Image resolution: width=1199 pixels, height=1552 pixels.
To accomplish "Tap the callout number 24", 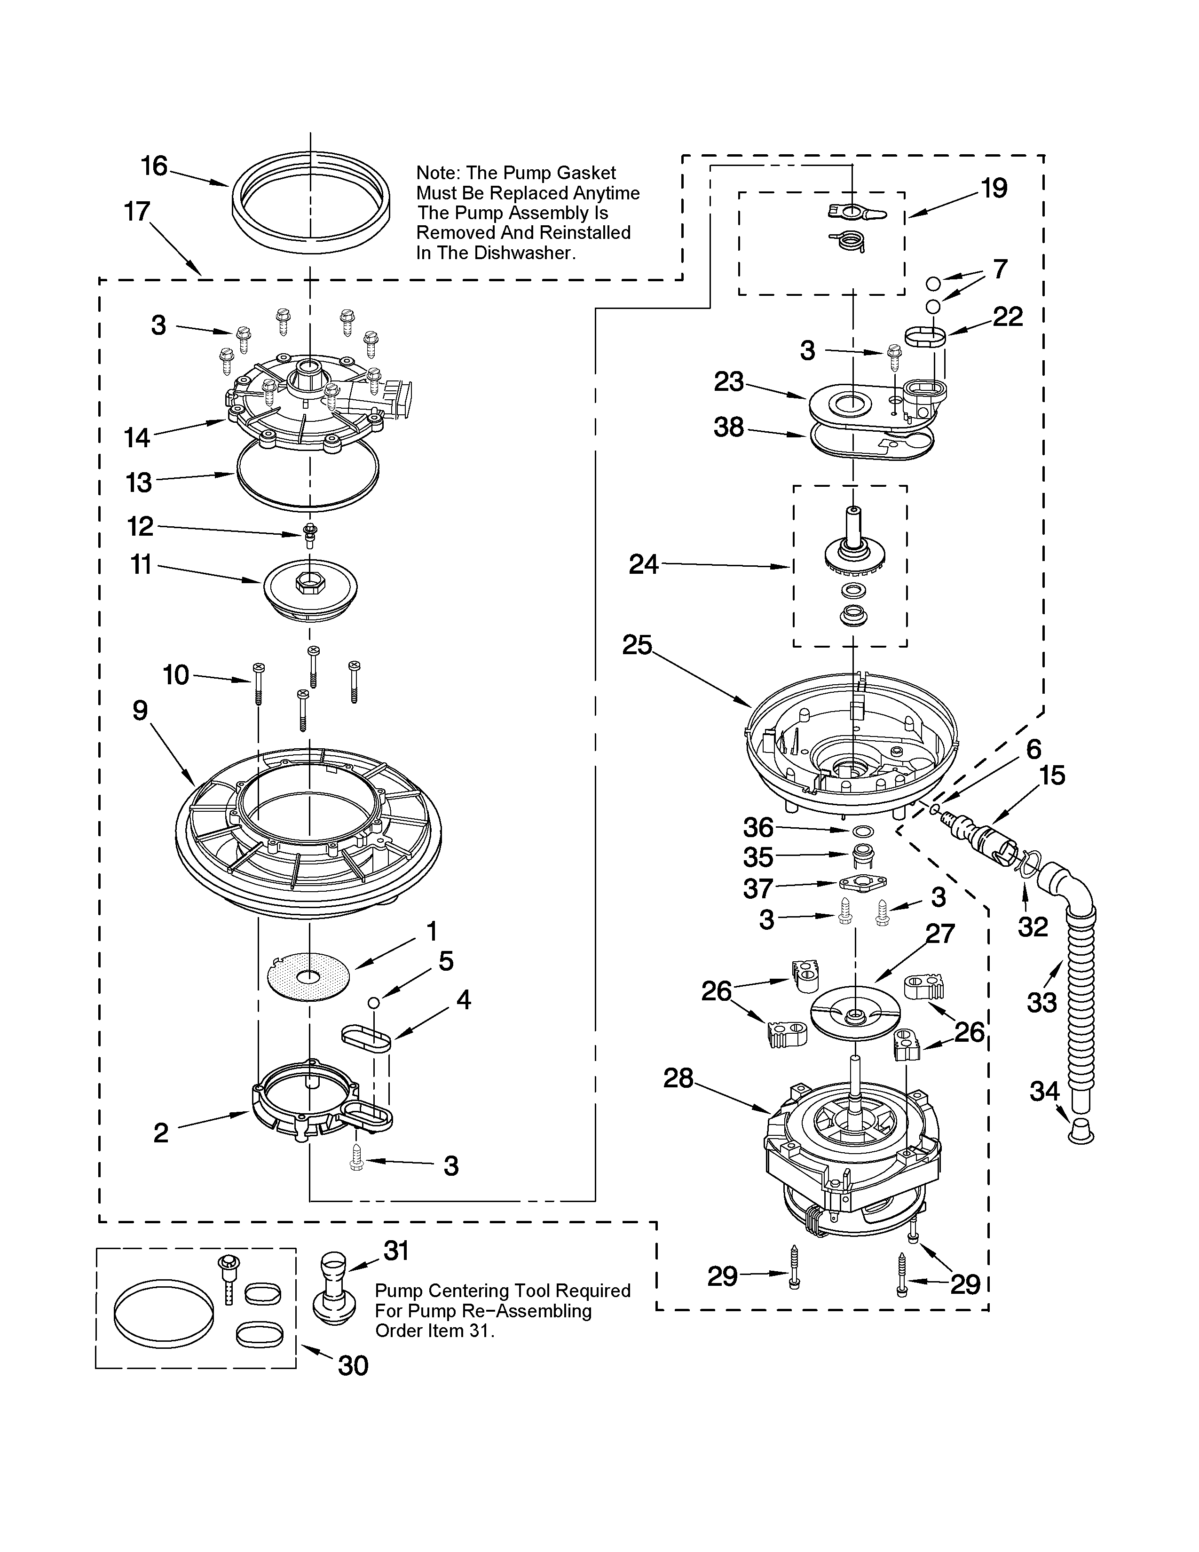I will point(644,564).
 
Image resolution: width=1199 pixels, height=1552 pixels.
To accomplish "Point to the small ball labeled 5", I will point(373,1002).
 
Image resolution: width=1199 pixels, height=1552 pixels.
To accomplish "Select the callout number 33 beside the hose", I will point(1041,1003).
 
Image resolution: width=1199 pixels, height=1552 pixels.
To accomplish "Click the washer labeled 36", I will point(862,831).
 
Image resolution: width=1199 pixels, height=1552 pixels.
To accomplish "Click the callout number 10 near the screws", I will point(175,674).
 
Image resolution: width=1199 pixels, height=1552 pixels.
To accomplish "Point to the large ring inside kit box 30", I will point(163,1320).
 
